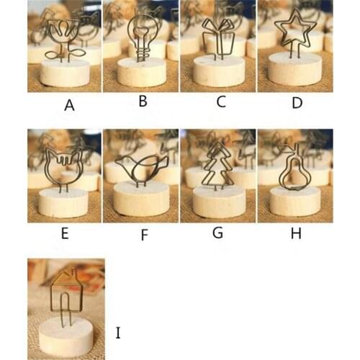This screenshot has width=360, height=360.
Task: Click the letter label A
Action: [x=69, y=105]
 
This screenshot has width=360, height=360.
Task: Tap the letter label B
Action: [x=143, y=102]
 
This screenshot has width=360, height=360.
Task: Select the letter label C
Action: [x=221, y=102]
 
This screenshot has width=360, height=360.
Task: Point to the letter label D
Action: [x=296, y=102]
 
